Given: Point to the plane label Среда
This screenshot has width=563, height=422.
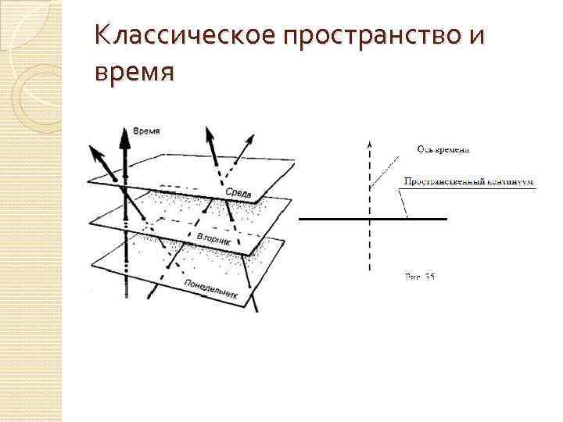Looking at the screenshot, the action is [238, 192].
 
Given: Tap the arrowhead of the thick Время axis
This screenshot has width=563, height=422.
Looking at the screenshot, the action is [124, 137].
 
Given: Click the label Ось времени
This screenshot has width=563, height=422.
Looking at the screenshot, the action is [443, 150].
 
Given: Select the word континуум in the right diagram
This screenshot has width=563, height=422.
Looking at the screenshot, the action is [507, 182].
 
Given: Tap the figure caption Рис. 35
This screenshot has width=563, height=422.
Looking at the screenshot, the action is [419, 277].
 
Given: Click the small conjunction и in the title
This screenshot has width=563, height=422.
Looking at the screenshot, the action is [475, 36].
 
